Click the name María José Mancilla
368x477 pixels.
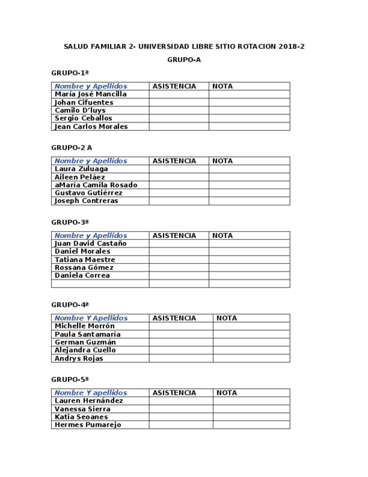click(x=90, y=94)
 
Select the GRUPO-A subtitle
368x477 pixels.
click(x=184, y=60)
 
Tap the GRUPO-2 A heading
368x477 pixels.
click(x=71, y=148)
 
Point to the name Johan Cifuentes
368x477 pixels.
click(x=84, y=103)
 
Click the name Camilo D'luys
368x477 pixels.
click(x=80, y=111)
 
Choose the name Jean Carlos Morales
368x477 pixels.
click(x=91, y=127)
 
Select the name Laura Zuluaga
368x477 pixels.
click(x=81, y=169)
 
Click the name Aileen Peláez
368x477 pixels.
click(x=80, y=177)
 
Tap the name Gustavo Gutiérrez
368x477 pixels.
click(x=88, y=193)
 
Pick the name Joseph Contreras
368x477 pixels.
click(x=86, y=201)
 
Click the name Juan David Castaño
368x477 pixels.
click(x=90, y=244)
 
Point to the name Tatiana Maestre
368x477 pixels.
click(x=84, y=260)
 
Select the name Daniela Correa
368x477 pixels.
click(x=82, y=276)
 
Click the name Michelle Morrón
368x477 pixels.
click(x=84, y=326)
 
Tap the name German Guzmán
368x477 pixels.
click(x=85, y=342)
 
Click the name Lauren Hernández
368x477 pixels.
click(x=89, y=401)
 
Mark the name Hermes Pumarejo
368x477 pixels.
click(x=88, y=425)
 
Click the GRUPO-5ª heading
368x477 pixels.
click(x=70, y=380)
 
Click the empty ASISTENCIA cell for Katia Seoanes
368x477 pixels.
click(x=180, y=417)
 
